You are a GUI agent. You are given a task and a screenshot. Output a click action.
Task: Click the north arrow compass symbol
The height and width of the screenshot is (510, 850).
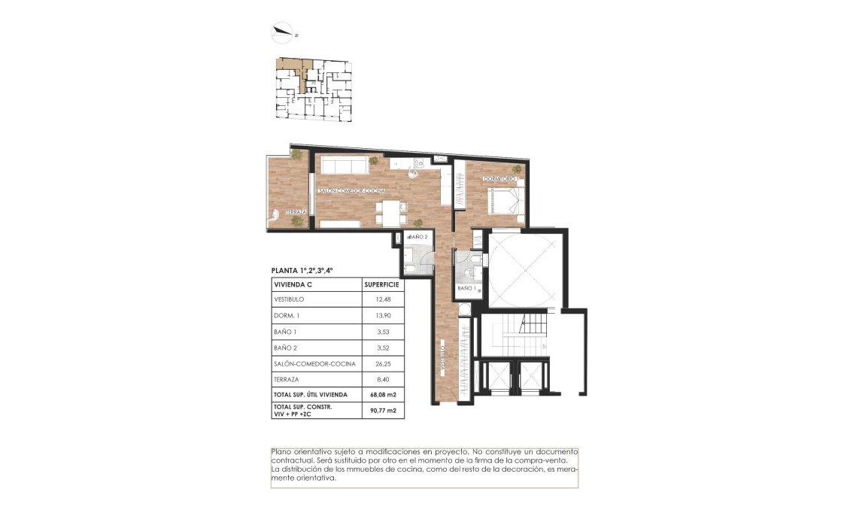[284, 32]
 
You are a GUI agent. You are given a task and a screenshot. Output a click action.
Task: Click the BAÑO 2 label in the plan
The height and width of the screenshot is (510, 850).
[418, 237]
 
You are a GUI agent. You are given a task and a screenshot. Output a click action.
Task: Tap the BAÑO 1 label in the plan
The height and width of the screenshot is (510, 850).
[466, 288]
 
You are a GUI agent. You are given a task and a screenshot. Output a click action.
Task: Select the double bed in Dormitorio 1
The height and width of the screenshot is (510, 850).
[503, 201]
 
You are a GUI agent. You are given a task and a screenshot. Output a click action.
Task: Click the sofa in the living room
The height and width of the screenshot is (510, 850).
[342, 165]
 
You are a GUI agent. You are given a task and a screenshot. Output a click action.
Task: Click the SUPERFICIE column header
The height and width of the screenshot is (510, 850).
[381, 285]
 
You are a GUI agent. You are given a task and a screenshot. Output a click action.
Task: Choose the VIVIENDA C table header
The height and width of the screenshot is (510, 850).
[295, 285]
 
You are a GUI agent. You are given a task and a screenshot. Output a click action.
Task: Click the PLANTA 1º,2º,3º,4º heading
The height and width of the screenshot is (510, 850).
[302, 270]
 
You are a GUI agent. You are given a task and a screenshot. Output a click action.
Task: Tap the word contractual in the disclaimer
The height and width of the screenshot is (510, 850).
[293, 460]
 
